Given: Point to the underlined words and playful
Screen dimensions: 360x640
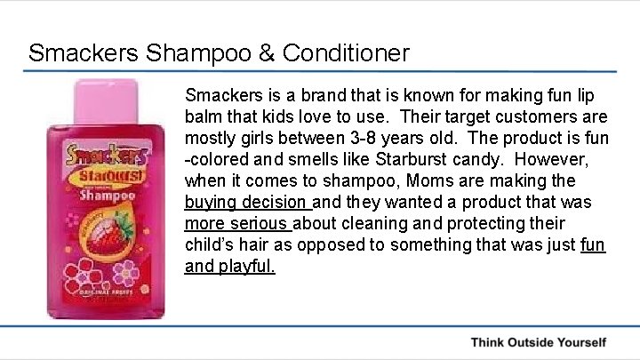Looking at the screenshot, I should pos(230,266).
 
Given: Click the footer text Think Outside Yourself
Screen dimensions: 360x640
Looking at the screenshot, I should pos(538,342).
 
